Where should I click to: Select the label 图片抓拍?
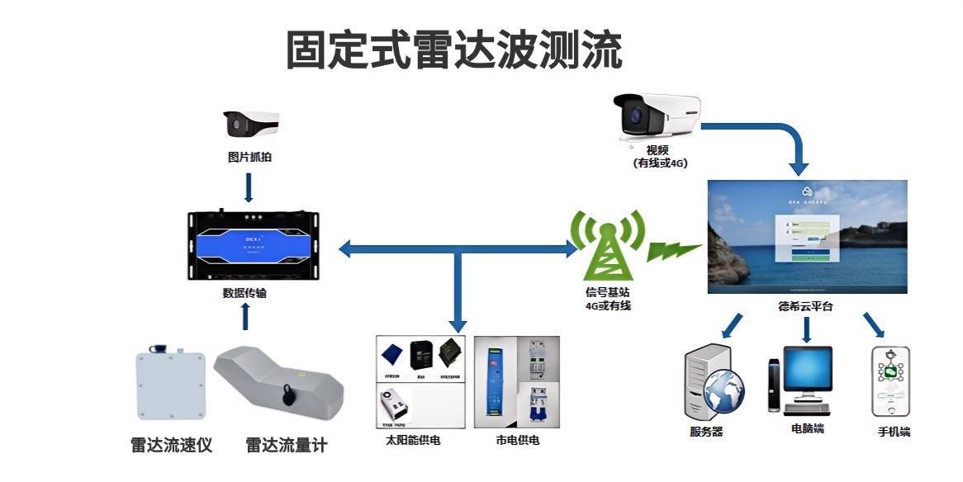(x=249, y=157)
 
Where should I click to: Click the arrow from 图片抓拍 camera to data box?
(x=249, y=187)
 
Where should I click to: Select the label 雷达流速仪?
(x=172, y=446)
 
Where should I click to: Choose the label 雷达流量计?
(x=287, y=446)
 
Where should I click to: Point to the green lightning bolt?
(x=673, y=248)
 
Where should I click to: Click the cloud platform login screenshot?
(x=807, y=236)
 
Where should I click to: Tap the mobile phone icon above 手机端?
(x=890, y=381)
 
